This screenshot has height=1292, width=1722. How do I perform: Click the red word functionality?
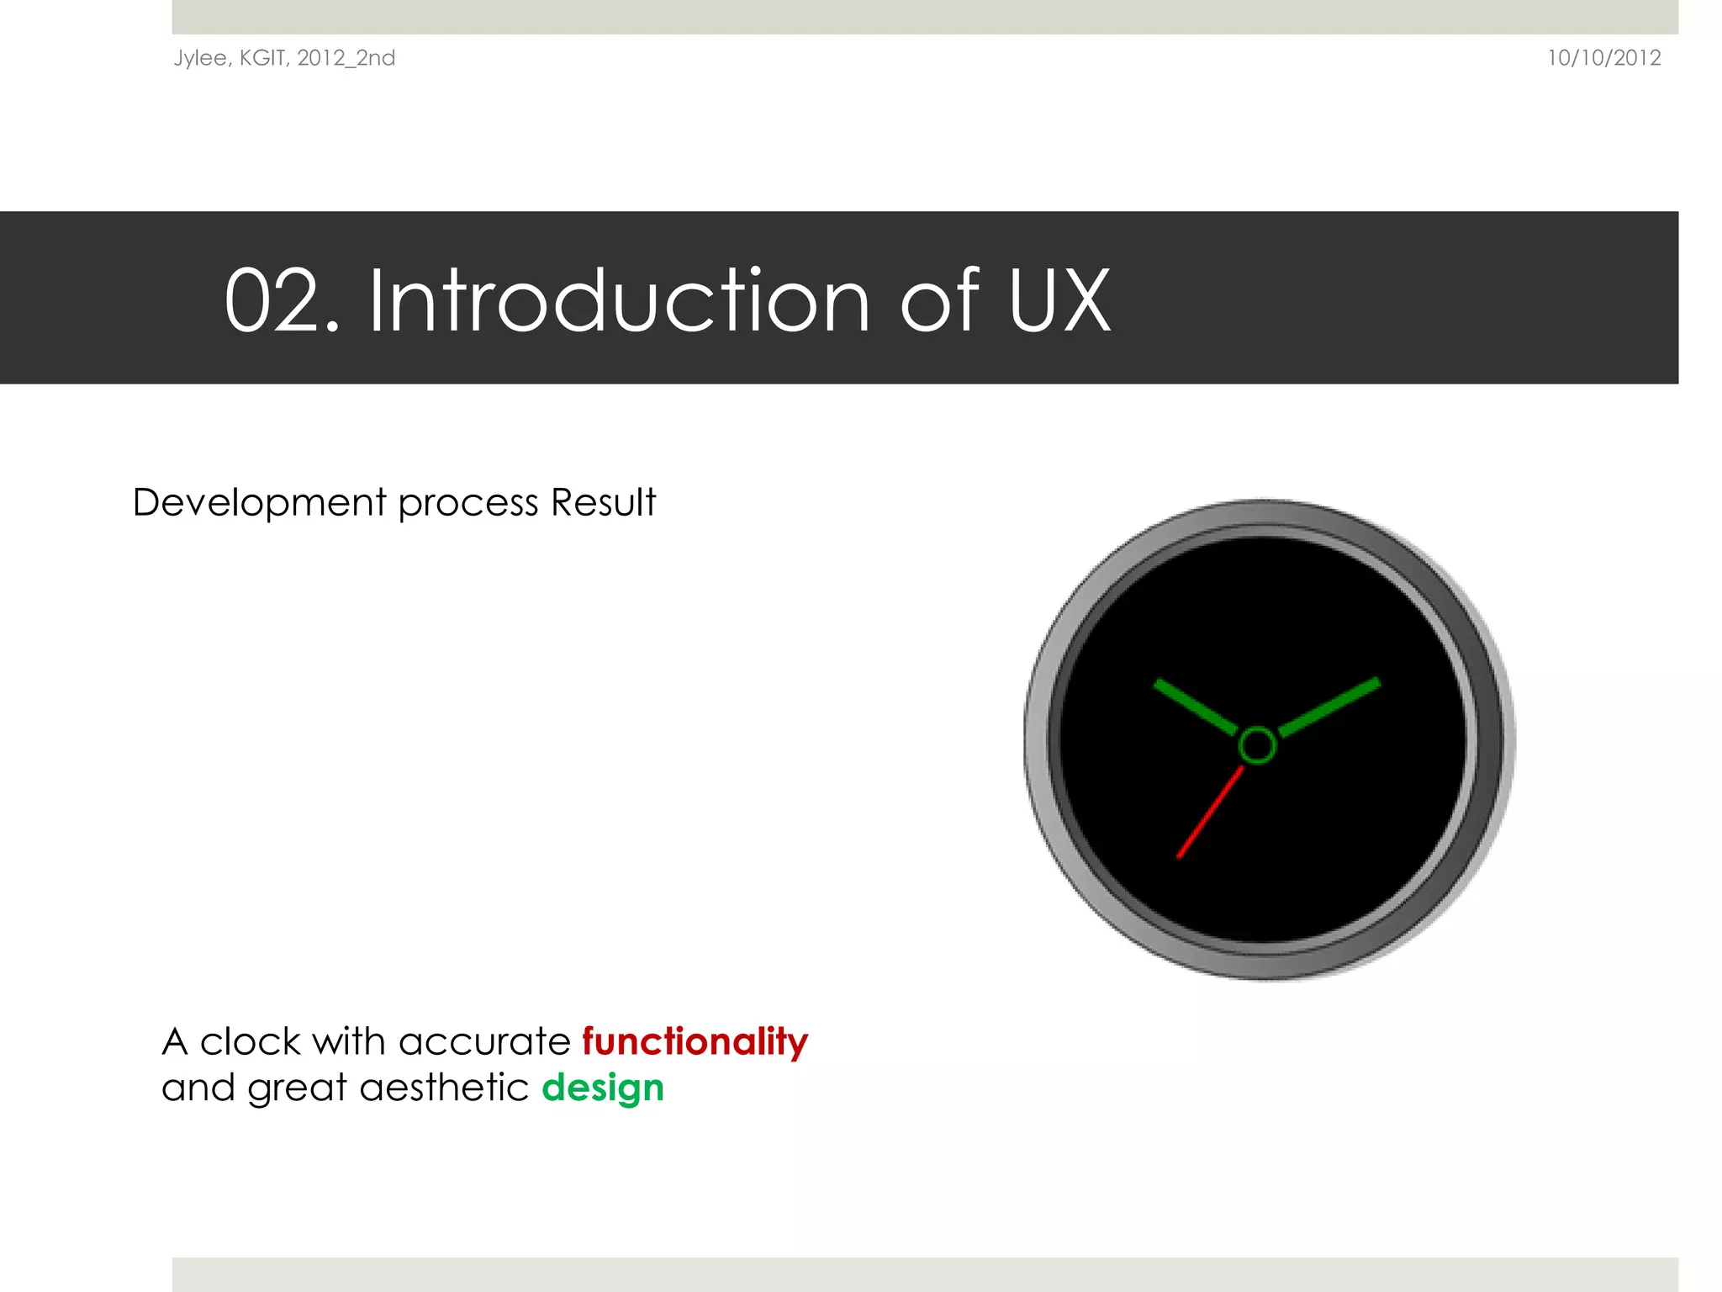click(x=695, y=1041)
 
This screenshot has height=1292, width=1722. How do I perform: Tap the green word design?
click(x=603, y=1088)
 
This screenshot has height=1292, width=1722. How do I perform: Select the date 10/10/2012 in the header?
click(x=1603, y=58)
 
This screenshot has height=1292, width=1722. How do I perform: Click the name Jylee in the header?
click(x=200, y=58)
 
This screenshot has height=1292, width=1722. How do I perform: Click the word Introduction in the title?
click(x=618, y=301)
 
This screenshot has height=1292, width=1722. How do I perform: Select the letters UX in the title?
click(x=1059, y=301)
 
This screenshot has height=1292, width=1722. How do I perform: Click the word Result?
click(x=603, y=503)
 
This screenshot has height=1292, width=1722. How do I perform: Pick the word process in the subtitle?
click(x=467, y=503)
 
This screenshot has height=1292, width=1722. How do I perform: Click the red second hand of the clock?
click(x=1209, y=813)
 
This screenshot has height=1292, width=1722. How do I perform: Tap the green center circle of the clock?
click(x=1257, y=745)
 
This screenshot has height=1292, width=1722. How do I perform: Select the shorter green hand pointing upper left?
click(x=1195, y=706)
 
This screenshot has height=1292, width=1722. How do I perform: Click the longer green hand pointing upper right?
click(x=1329, y=707)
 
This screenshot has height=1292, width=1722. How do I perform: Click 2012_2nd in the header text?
click(x=346, y=58)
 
